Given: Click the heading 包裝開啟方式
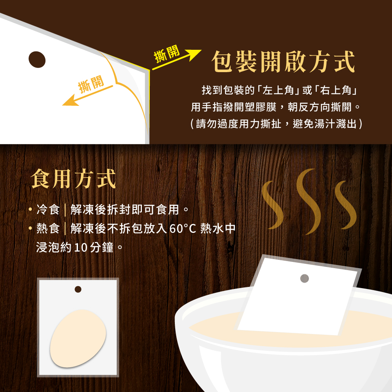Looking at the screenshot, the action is tap(283, 62).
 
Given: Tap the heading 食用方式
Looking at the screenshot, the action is tap(73, 178).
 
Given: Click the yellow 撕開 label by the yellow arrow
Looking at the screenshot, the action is tap(167, 54).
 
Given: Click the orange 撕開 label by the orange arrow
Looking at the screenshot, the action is tap(91, 84).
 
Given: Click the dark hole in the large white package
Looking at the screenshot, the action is tap(37, 60).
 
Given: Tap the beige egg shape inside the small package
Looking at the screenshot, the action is tap(78, 339).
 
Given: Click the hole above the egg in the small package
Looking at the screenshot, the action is tap(78, 289).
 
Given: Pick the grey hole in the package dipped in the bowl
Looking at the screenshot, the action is tap(305, 278).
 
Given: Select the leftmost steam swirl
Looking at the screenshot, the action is tap(272, 205).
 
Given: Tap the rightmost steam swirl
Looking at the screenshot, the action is tap(345, 205).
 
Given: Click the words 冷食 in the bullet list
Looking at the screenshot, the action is tap(48, 209).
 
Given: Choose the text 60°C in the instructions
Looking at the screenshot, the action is tap(183, 228).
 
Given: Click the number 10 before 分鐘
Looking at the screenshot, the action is tap(80, 247).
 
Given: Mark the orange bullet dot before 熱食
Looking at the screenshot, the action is tap(31, 228).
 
